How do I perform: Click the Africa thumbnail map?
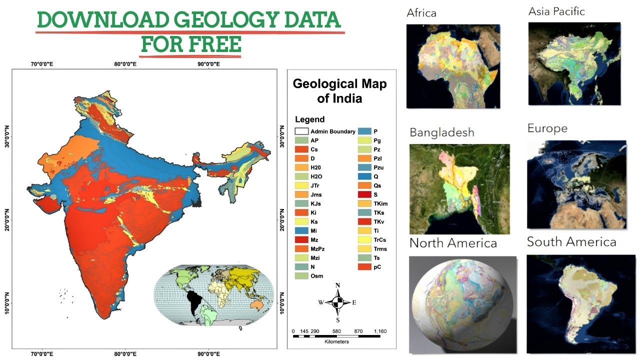point(453,66)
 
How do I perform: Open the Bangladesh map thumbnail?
point(459,189)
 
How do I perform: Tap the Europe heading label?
point(547,128)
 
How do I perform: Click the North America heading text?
point(453,243)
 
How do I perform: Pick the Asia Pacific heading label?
point(556,11)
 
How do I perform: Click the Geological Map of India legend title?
point(340,90)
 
